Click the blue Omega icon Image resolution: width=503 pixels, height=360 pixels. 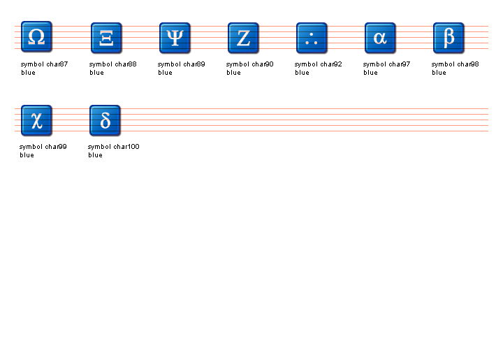(36, 36)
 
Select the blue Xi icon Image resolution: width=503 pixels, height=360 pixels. (106, 38)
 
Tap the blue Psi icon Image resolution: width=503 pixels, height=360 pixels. (175, 38)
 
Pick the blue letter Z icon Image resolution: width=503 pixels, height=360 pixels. (243, 38)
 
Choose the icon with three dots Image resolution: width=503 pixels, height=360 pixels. (312, 38)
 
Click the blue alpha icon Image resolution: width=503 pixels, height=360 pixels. (380, 38)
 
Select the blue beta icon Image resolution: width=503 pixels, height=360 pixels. (449, 38)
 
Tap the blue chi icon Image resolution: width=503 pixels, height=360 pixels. (36, 120)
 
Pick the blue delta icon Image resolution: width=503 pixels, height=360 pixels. (105, 120)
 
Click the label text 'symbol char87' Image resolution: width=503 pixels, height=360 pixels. (44, 64)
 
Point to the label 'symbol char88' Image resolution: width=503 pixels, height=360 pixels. (113, 64)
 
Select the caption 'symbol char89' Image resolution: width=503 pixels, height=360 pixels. (181, 64)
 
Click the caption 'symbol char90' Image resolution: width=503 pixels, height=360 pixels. (250, 64)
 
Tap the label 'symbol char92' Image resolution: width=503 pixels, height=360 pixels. (319, 64)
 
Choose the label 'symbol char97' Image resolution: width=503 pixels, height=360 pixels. (386, 64)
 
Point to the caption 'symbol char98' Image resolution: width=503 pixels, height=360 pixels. (455, 64)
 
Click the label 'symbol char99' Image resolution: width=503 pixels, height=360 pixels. (43, 147)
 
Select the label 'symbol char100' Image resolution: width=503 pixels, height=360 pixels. (114, 147)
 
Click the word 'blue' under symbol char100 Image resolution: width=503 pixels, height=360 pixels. (95, 155)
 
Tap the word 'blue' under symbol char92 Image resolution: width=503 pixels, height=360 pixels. (302, 73)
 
